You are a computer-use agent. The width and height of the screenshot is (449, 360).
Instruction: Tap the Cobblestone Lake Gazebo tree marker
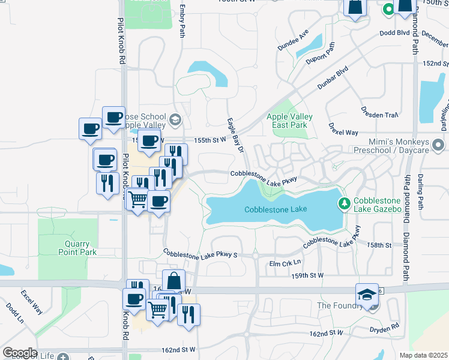click(345, 203)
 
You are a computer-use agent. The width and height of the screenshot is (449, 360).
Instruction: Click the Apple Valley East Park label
click(287, 121)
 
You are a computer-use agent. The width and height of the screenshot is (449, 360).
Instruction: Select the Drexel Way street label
click(343, 131)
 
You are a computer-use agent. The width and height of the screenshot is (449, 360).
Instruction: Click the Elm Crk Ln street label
click(285, 263)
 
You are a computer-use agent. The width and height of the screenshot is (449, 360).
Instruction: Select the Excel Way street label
click(32, 302)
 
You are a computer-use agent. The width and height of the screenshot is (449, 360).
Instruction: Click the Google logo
click(20, 353)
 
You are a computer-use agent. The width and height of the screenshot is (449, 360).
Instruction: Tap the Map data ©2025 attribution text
click(423, 355)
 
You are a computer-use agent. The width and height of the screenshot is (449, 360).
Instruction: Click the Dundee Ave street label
click(293, 40)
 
